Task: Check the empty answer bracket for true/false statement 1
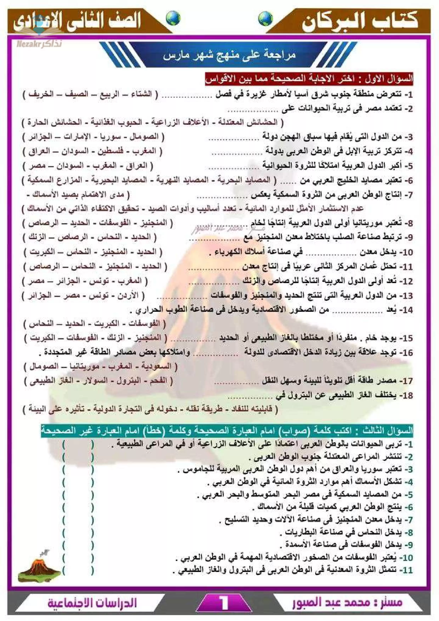pos(78,444)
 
